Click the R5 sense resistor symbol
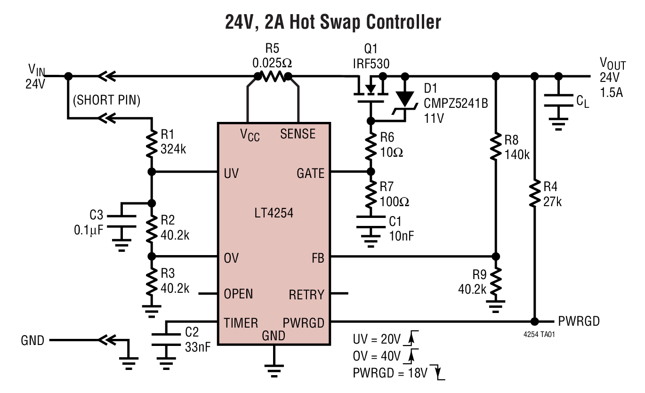273,76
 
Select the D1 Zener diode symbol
404,97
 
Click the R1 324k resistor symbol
151,144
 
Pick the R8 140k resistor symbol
495,147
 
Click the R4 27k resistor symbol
534,194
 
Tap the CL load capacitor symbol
558,102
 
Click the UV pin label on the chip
231,173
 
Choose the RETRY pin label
306,295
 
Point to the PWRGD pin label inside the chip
304,323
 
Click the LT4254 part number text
273,213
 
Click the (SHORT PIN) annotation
106,100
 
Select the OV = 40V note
377,355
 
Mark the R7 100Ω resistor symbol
370,194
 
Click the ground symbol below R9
495,307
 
